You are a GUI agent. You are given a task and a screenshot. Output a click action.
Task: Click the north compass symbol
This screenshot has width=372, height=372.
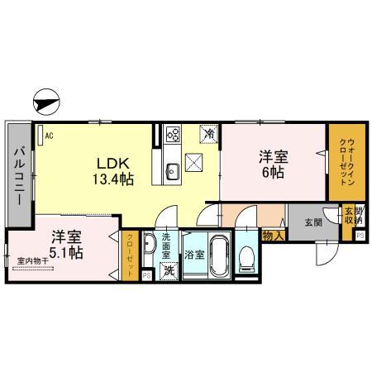pyautogui.click(x=46, y=104)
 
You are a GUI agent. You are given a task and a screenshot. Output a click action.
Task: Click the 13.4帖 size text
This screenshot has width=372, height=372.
pyautogui.click(x=112, y=177)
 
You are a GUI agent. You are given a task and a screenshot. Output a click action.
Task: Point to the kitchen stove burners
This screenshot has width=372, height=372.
pyautogui.click(x=174, y=131)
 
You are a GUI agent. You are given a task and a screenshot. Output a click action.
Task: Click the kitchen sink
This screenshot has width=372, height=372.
pyautogui.click(x=173, y=170)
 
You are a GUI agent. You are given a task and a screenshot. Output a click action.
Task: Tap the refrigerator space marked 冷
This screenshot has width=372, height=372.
pyautogui.click(x=210, y=132)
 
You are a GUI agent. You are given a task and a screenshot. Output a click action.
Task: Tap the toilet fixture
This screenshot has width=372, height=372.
pyautogui.click(x=247, y=260)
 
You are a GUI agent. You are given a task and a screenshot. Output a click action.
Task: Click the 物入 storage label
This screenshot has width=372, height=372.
pyautogui.click(x=272, y=236)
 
